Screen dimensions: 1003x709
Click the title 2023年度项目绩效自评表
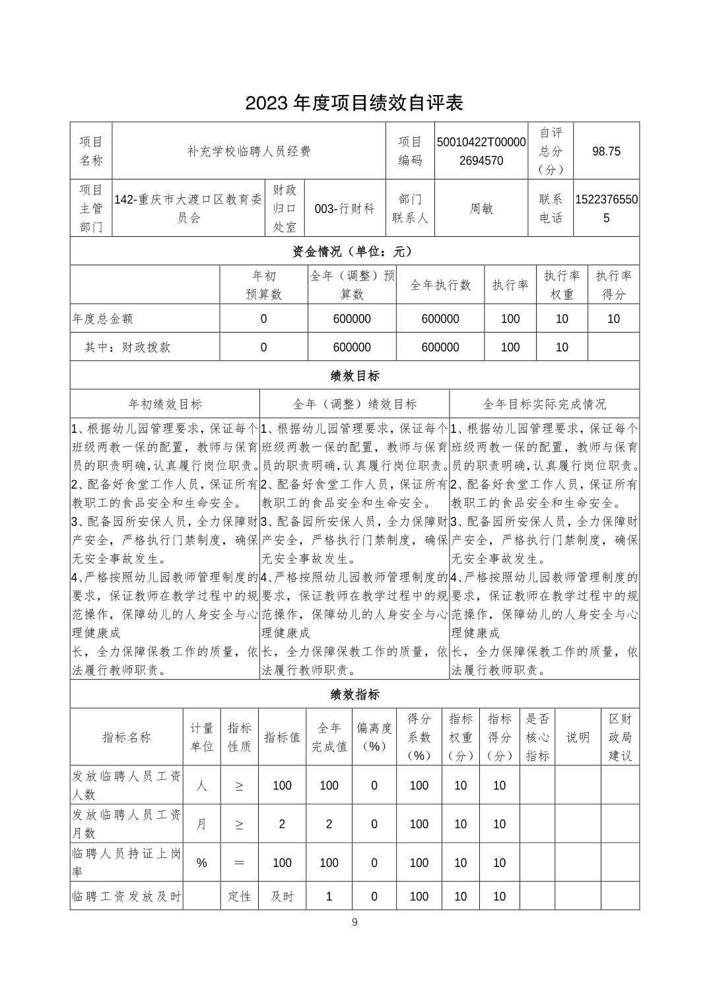[x=355, y=103]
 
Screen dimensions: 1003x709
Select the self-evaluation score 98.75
[x=606, y=151]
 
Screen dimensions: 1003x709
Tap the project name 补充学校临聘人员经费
[x=249, y=151]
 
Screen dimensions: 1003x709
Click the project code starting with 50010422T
[x=481, y=151]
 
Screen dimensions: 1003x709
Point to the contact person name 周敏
[x=481, y=209]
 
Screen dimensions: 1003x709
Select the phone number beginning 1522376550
[x=606, y=209]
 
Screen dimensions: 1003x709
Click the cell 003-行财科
[x=345, y=209]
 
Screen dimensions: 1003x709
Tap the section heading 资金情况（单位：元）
[x=355, y=251]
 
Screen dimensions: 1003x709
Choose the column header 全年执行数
[x=440, y=285]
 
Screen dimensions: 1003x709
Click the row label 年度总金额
[x=103, y=319]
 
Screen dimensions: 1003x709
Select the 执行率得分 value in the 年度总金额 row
[x=613, y=319]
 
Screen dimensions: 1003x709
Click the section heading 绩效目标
[x=355, y=375]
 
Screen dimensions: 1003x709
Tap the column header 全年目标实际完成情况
[x=544, y=404]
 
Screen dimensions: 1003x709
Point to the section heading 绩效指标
[x=355, y=694]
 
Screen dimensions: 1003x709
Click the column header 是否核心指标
[x=537, y=737]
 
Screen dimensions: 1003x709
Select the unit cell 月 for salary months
[x=201, y=824]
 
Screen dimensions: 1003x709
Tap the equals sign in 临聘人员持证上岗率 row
[x=239, y=862]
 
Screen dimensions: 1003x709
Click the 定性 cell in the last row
[x=239, y=896]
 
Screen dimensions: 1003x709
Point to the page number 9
[x=355, y=922]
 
